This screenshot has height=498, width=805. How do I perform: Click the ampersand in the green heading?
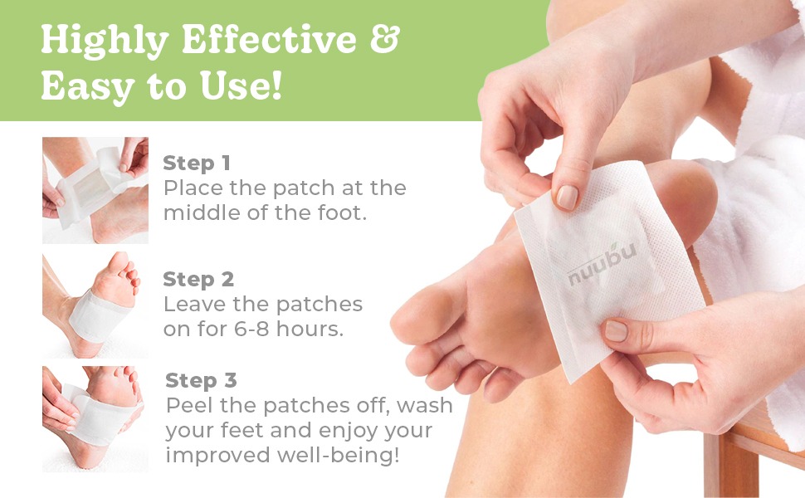(384, 38)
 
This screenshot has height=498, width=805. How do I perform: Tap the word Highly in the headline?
(105, 41)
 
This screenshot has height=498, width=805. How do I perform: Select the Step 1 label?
(197, 163)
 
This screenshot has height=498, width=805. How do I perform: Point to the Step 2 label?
(198, 279)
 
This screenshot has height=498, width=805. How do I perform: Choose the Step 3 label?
(201, 380)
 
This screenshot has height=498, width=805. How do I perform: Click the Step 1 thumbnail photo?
(95, 190)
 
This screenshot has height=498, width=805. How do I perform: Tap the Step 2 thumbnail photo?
(95, 305)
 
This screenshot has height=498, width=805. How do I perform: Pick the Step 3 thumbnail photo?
(95, 419)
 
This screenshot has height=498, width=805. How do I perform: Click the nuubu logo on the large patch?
(603, 264)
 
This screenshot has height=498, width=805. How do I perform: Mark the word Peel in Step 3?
(190, 406)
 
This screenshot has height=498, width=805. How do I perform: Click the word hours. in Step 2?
(310, 329)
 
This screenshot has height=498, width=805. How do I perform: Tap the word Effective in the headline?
(269, 39)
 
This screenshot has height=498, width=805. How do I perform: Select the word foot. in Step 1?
(343, 212)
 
